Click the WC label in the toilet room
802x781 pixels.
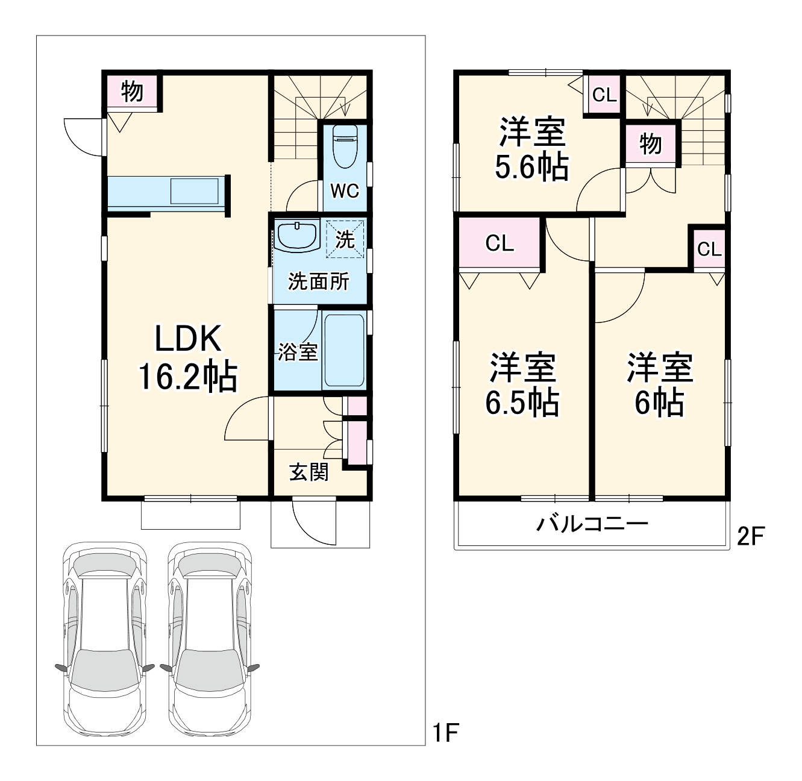pos(345,191)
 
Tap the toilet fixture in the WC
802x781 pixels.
pos(345,146)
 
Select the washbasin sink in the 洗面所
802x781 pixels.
pos(297,236)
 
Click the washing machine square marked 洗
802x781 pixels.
pos(345,239)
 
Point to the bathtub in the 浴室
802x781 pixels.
pos(344,350)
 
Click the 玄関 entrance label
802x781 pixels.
pos(309,472)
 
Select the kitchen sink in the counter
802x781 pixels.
pos(195,191)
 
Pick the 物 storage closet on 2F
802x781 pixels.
pos(651,144)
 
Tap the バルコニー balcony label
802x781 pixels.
pos(592,524)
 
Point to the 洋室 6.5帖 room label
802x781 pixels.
pos(522,384)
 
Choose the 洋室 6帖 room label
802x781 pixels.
pos(660,384)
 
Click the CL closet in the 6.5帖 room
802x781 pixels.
pos(500,243)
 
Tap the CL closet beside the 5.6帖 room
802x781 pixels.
pos(604,95)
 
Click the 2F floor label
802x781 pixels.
pos(751,536)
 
